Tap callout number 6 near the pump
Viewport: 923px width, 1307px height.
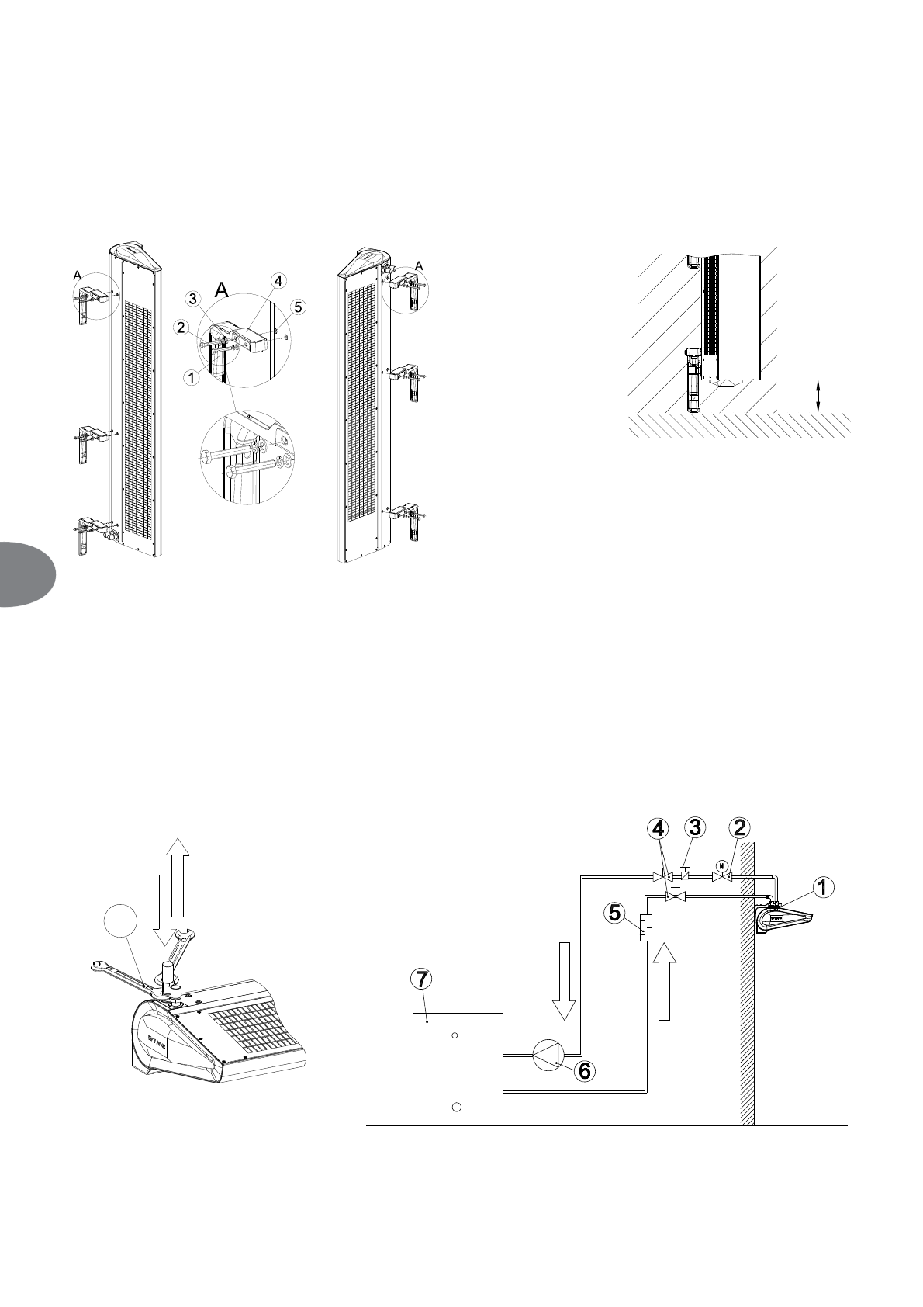click(584, 1070)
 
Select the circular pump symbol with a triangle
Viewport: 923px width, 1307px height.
click(548, 1056)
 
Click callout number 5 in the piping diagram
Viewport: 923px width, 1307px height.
click(615, 913)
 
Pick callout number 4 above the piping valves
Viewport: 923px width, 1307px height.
click(659, 828)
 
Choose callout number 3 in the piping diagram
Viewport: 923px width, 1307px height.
click(695, 828)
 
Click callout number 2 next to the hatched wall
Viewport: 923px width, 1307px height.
click(741, 828)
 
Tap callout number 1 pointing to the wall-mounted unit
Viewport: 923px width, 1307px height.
click(824, 886)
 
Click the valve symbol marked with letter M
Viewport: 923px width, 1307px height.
click(723, 875)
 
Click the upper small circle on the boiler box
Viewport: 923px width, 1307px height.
click(455, 1035)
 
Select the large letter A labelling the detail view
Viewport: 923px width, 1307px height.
click(222, 290)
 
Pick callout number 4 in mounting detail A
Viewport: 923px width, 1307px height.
click(277, 280)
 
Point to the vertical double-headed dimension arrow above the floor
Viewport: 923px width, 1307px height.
click(819, 397)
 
